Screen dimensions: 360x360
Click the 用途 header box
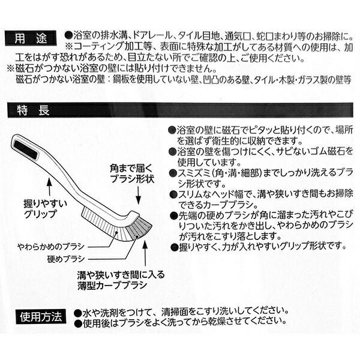(31, 38)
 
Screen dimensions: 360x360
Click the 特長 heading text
(33, 110)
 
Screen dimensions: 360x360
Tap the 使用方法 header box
(41, 317)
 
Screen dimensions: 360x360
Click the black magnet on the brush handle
(26, 150)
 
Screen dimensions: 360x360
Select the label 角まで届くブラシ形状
(131, 173)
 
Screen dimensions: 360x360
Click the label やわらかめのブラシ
(51, 247)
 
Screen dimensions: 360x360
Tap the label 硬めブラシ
(66, 259)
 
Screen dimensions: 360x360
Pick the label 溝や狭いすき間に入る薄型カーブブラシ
(121, 280)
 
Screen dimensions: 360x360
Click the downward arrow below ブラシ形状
(138, 195)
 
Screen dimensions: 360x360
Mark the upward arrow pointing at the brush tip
(145, 253)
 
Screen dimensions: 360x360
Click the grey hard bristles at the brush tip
(139, 228)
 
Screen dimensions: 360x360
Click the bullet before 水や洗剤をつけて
(78, 313)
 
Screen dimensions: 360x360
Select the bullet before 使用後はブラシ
(78, 323)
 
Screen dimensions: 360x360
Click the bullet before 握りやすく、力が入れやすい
(175, 247)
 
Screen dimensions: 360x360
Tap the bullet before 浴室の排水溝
(68, 35)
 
